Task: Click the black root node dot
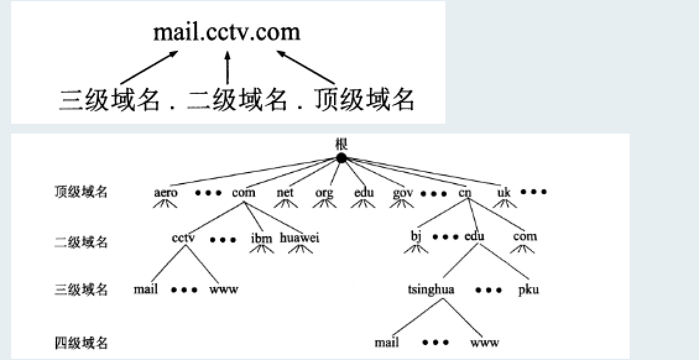coord(341,158)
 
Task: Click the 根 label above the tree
coord(341,144)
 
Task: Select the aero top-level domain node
coord(166,192)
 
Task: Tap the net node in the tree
coord(285,192)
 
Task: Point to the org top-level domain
coord(324,193)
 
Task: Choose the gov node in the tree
coord(403,193)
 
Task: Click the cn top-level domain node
coord(465,192)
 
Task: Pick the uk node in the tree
coord(504,192)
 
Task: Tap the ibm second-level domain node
coord(261,237)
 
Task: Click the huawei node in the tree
coord(300,237)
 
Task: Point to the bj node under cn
coord(415,236)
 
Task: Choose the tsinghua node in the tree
coord(431,289)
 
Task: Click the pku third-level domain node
coord(528,289)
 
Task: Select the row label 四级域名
coord(80,342)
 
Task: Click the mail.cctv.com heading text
coord(227,31)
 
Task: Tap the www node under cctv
coord(224,289)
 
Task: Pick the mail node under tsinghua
coord(387,342)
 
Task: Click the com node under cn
coord(525,236)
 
